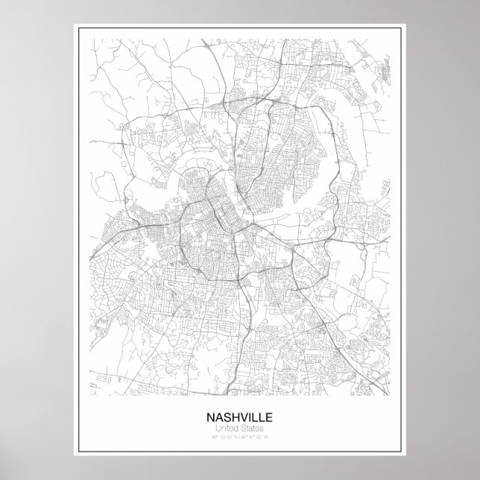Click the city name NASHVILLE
[x=240, y=417]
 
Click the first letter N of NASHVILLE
[x=210, y=417]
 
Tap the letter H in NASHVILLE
[x=234, y=417]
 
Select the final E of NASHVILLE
[x=269, y=417]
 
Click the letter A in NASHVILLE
[x=218, y=417]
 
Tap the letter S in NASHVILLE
[x=226, y=417]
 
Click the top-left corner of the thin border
[x=75, y=26]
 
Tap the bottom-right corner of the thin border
[x=405, y=454]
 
